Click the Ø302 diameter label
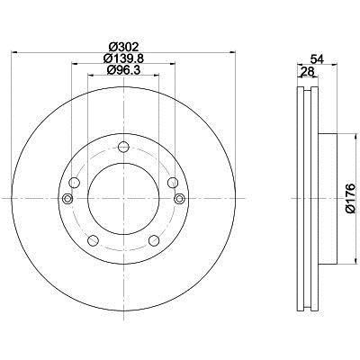pyautogui.click(x=123, y=48)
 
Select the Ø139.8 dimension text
pyautogui.click(x=123, y=58)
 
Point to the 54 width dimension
pyautogui.click(x=317, y=58)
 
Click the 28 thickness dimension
pyautogui.click(x=307, y=71)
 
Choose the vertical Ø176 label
pyautogui.click(x=350, y=198)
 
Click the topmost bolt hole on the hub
pyautogui.click(x=123, y=147)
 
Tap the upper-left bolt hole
pyautogui.click(x=74, y=183)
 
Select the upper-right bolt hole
pyautogui.click(x=173, y=183)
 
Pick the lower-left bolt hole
pyautogui.click(x=93, y=240)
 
